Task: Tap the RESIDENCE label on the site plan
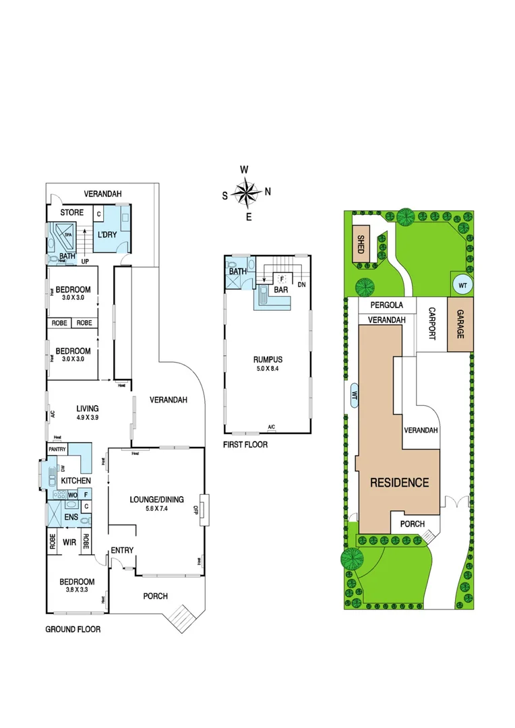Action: click(398, 483)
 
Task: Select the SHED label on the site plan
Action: click(361, 242)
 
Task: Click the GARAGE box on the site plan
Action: click(459, 324)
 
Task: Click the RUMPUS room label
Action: click(268, 359)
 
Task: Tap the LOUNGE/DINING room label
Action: click(156, 499)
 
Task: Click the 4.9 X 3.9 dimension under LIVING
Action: click(87, 418)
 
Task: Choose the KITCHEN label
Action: click(76, 481)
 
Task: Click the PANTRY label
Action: click(57, 449)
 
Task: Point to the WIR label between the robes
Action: click(69, 541)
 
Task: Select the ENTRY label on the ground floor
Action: click(122, 551)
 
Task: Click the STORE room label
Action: click(72, 213)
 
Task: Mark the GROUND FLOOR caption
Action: click(73, 630)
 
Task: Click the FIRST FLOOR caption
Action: click(245, 445)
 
